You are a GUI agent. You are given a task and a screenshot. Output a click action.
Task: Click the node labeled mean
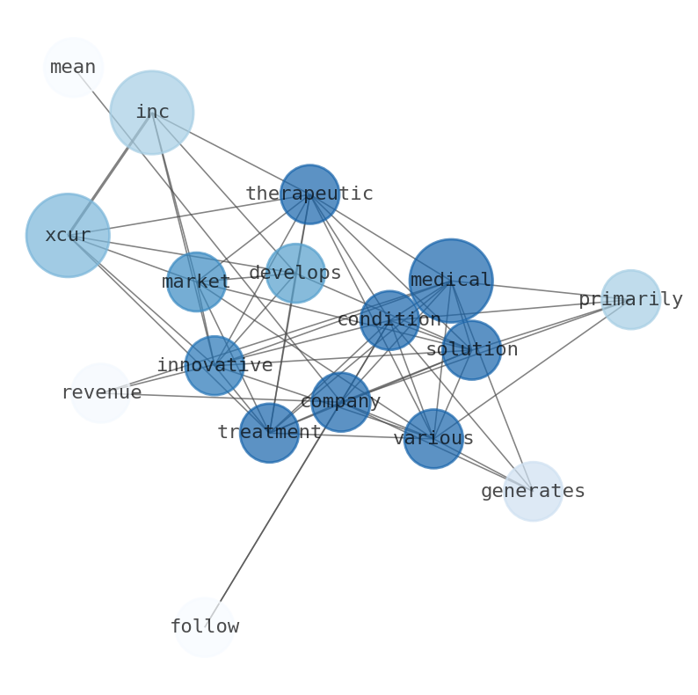click(x=73, y=67)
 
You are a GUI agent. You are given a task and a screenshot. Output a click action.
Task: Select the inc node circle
click(x=152, y=113)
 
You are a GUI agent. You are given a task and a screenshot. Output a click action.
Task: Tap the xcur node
click(x=68, y=236)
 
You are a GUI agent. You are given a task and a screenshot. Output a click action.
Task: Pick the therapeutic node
click(x=309, y=194)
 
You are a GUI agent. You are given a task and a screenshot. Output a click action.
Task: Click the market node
click(x=196, y=282)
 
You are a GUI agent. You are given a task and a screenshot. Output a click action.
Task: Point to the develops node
click(x=295, y=274)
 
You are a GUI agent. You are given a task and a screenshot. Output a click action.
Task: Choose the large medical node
click(x=451, y=281)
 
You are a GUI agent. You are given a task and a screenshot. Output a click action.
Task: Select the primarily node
click(x=630, y=300)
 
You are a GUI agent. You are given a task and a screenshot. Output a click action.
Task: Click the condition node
click(x=389, y=320)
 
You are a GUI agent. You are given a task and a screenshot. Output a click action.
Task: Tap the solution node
click(x=471, y=350)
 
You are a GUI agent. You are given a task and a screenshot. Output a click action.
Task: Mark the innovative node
click(x=214, y=365)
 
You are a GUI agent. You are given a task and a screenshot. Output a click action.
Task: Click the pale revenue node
click(x=101, y=393)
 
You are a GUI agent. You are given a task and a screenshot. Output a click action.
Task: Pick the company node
click(x=340, y=402)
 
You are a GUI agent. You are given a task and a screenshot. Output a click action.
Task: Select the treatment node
click(x=269, y=433)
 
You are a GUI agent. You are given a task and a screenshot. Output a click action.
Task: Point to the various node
click(x=433, y=439)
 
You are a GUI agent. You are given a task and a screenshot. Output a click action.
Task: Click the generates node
click(x=533, y=491)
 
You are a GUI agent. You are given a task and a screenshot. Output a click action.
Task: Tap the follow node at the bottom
click(x=205, y=627)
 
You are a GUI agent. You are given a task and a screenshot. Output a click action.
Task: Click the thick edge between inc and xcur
click(x=110, y=174)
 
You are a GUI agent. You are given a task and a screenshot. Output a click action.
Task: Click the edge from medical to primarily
click(x=545, y=291)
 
